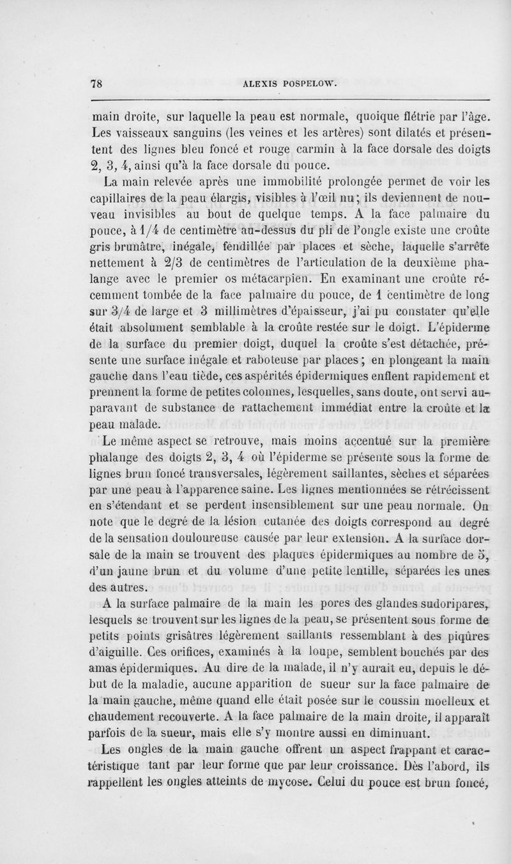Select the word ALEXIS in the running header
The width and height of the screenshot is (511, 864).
tap(259, 82)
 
